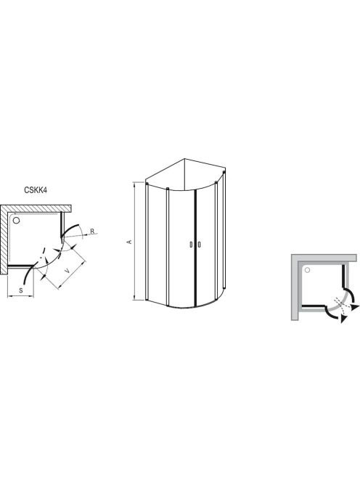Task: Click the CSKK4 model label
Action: (x=36, y=190)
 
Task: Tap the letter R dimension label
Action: (x=92, y=231)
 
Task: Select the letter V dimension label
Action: (x=67, y=271)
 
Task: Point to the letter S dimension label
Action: (x=21, y=290)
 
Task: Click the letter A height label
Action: (x=130, y=242)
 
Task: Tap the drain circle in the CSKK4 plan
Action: (x=16, y=221)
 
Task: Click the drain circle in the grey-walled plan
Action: (x=307, y=270)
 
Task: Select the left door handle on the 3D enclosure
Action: (x=191, y=245)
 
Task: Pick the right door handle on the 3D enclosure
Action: (x=199, y=245)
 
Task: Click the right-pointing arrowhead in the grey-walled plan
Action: (x=356, y=307)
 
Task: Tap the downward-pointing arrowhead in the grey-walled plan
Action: (x=343, y=319)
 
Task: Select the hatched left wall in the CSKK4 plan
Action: (x=4, y=240)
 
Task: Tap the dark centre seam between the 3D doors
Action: (x=195, y=248)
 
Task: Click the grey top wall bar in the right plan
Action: (x=324, y=258)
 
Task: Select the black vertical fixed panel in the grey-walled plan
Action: (x=343, y=276)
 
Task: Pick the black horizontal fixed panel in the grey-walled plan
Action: (x=314, y=306)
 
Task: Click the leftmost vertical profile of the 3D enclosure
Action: (x=147, y=241)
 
